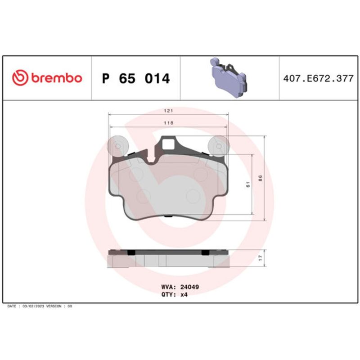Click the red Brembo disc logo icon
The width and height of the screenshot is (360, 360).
20,78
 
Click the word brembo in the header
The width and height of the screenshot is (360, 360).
57,78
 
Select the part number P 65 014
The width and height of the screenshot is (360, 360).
136,78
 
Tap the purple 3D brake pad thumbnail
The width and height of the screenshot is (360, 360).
229,77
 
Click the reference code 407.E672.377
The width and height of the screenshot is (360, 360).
318,78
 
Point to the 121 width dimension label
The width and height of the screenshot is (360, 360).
168,111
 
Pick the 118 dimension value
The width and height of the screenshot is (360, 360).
168,123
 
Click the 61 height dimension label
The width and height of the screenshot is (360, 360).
248,184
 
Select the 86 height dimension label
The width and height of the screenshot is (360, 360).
261,178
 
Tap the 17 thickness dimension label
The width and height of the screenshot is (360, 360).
261,258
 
